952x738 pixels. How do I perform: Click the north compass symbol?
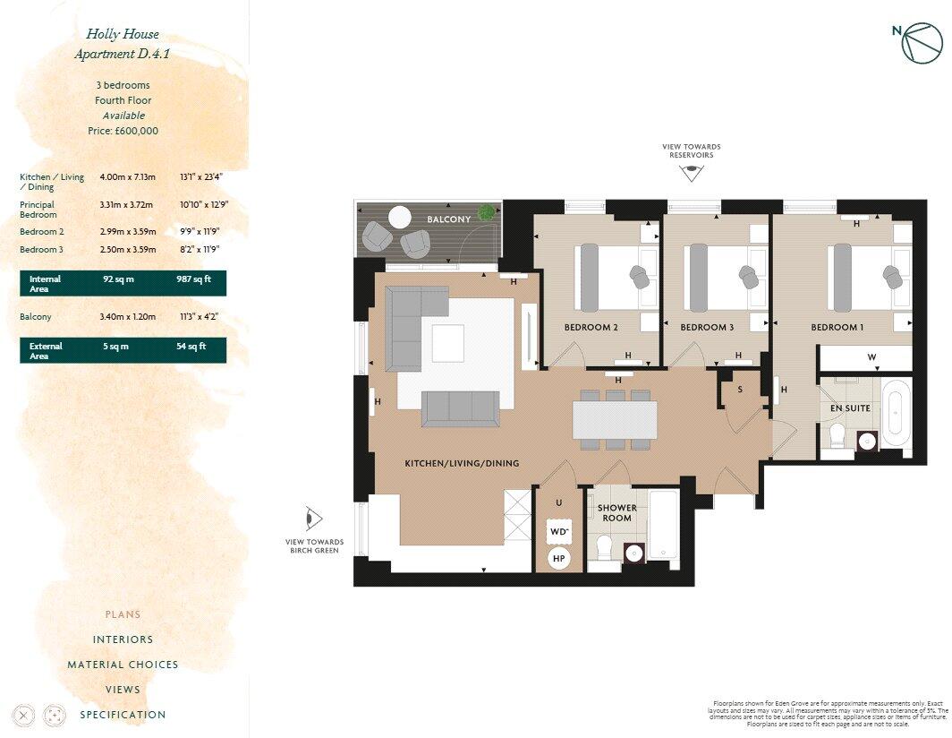pyautogui.click(x=921, y=43)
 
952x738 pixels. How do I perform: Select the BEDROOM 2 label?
pyautogui.click(x=591, y=328)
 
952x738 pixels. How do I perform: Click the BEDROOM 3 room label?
pyautogui.click(x=707, y=328)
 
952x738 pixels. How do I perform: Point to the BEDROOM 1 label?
pyautogui.click(x=837, y=328)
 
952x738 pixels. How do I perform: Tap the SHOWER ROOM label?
pyautogui.click(x=616, y=512)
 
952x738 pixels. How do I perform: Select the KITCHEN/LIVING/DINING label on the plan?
pyautogui.click(x=462, y=463)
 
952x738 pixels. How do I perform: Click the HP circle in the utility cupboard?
pyautogui.click(x=559, y=558)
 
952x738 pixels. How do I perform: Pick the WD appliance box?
pyautogui.click(x=559, y=531)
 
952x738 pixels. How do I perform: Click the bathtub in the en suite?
pyautogui.click(x=896, y=415)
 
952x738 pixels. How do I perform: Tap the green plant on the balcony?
pyautogui.click(x=486, y=212)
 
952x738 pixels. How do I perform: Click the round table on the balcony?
pyautogui.click(x=399, y=217)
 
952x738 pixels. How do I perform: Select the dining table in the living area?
pyautogui.click(x=615, y=419)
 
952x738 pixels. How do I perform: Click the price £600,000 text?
pyautogui.click(x=123, y=131)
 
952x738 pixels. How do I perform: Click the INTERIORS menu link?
pyautogui.click(x=123, y=639)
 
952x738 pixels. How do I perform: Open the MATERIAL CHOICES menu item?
pyautogui.click(x=123, y=665)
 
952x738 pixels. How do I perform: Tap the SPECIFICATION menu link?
pyautogui.click(x=123, y=715)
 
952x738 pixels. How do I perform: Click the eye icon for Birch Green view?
pyautogui.click(x=314, y=519)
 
